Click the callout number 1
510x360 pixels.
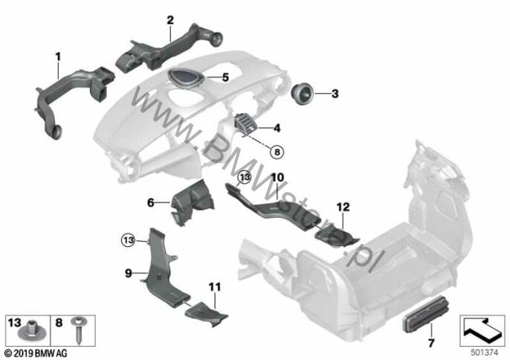[x=58, y=57]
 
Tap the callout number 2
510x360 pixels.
[x=170, y=21]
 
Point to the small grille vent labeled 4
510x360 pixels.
[x=245, y=124]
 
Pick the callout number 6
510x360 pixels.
[x=151, y=203]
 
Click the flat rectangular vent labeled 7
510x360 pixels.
[x=425, y=316]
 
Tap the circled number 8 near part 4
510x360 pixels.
[x=277, y=152]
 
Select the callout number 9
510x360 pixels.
[x=129, y=273]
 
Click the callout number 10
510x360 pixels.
[x=277, y=178]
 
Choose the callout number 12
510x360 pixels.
[x=343, y=207]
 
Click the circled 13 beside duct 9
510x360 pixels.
[x=128, y=240]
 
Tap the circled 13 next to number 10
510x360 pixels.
[x=245, y=177]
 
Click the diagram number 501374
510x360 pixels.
[x=484, y=353]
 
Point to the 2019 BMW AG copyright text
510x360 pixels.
[x=36, y=353]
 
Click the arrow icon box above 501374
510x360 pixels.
[x=482, y=331]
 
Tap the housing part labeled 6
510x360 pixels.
[x=193, y=202]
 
